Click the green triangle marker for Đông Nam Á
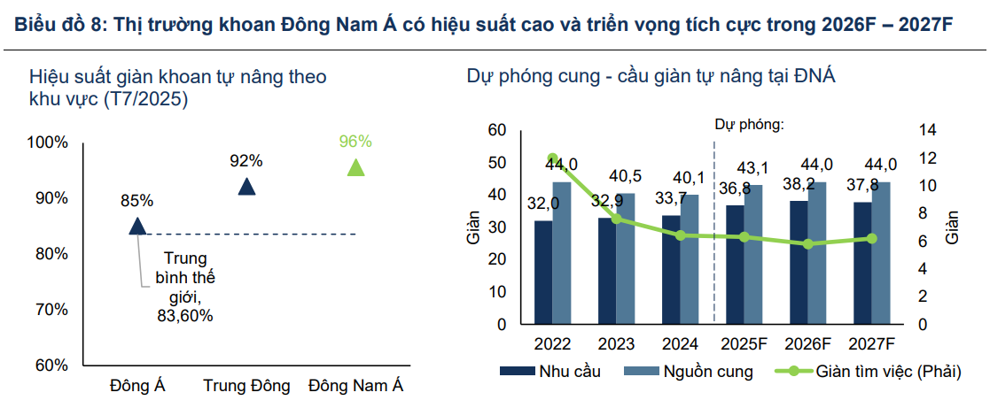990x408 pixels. tap(355, 168)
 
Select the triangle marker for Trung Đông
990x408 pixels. tap(246, 187)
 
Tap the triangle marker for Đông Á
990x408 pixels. tap(137, 227)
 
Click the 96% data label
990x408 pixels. tap(355, 142)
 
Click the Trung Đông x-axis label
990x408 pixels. tap(246, 386)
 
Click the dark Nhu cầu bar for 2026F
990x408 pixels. tap(799, 262)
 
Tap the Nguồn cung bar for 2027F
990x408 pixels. tap(882, 252)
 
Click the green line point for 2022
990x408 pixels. tap(553, 158)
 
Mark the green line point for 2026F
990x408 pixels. tap(808, 243)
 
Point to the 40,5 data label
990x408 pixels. tap(625, 175)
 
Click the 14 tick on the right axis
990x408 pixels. tap(927, 131)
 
